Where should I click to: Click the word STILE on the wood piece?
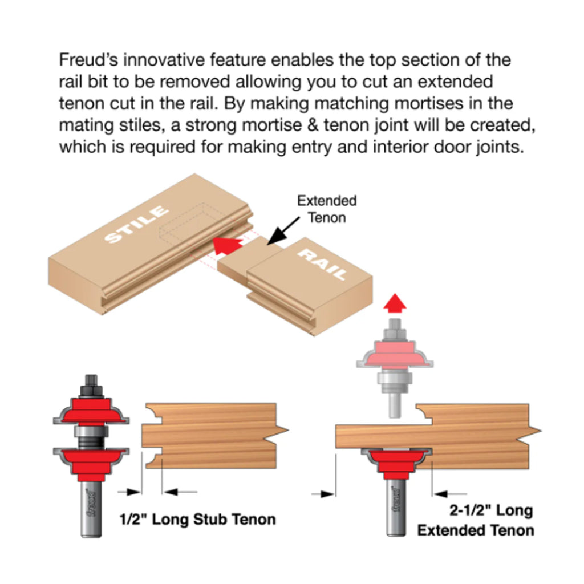(136, 224)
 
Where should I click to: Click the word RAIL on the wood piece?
(323, 264)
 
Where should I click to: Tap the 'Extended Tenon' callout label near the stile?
(327, 209)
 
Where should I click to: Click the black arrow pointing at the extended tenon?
(283, 231)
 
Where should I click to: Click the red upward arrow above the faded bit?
(395, 303)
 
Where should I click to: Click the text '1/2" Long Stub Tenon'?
(198, 519)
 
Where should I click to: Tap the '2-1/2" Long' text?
(491, 510)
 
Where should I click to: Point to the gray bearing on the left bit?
(91, 431)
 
